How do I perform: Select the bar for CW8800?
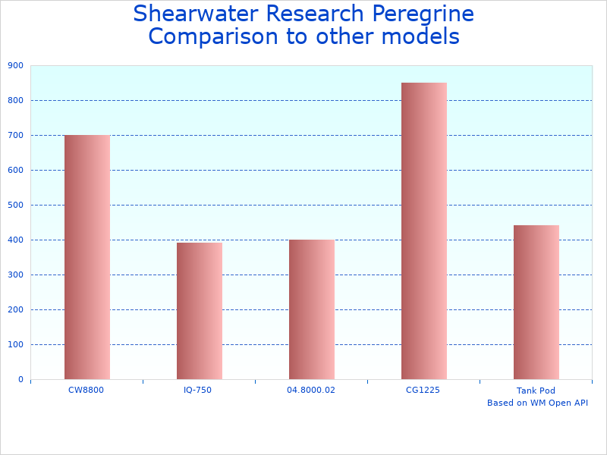click(x=86, y=257)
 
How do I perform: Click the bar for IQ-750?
click(x=199, y=311)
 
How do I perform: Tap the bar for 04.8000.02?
click(x=311, y=309)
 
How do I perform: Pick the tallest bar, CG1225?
click(x=423, y=231)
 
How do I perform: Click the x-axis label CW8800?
click(x=86, y=390)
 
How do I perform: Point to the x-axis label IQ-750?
click(x=198, y=390)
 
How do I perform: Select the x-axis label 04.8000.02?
click(x=311, y=390)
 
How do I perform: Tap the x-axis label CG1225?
click(x=423, y=390)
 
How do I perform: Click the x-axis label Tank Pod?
click(x=536, y=391)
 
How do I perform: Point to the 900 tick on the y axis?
click(x=15, y=66)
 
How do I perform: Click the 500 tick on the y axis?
click(x=15, y=206)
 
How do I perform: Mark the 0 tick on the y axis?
click(x=20, y=380)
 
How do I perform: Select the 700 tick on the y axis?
click(x=15, y=136)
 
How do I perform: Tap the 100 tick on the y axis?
click(x=15, y=345)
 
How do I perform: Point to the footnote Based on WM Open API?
click(x=537, y=403)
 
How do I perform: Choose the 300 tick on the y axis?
click(x=15, y=275)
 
